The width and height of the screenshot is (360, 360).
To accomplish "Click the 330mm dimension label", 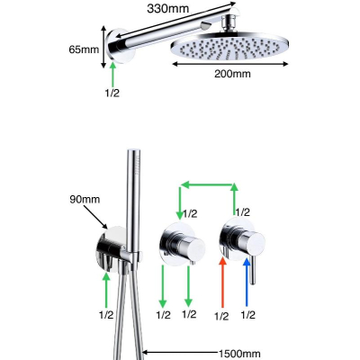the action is (168, 9).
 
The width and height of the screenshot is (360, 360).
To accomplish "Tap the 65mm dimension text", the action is (84, 49).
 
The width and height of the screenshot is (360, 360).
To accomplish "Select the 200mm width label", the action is (232, 74).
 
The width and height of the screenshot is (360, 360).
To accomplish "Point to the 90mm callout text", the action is (85, 199).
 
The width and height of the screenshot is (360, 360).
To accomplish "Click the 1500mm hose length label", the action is (239, 354).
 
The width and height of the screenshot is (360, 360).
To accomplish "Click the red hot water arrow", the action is (222, 283).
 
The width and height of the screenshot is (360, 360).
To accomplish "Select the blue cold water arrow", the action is (247, 283).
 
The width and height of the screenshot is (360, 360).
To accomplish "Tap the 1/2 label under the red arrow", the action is (221, 316).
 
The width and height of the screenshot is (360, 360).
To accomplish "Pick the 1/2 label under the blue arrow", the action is (248, 315).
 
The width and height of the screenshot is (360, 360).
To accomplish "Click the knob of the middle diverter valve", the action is (192, 247).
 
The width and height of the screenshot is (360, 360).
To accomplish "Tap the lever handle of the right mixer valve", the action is (253, 270).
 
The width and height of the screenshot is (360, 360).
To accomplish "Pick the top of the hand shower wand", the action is (134, 150).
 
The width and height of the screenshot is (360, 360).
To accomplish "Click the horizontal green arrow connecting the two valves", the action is (209, 184).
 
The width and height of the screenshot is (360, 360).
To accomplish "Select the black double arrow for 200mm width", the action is (230, 64).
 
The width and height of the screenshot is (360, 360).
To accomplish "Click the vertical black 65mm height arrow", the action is (103, 47).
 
